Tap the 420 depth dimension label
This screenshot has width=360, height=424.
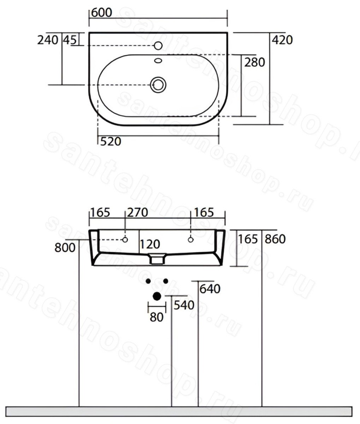(282, 40)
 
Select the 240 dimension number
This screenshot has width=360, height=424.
(48, 40)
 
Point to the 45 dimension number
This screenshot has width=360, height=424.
(70, 40)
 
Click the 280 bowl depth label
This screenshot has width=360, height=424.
(254, 62)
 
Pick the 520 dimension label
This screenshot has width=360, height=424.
(111, 142)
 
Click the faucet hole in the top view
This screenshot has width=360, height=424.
(158, 46)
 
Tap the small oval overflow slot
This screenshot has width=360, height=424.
(158, 60)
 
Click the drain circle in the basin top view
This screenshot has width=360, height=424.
(158, 85)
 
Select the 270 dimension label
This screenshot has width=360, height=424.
(137, 212)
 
